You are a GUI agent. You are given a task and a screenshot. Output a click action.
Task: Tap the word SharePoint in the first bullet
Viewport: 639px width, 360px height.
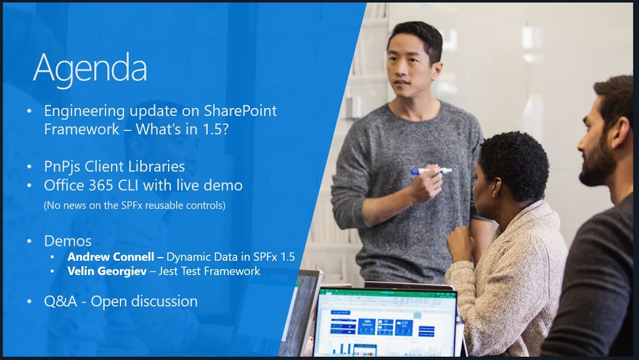pos(240,110)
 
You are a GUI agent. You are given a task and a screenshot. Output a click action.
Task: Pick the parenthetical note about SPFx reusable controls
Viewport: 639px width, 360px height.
pos(135,205)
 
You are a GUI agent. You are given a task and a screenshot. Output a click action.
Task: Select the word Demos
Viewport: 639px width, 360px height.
pos(67,241)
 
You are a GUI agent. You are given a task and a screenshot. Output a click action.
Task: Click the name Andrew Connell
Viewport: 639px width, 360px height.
pos(111,257)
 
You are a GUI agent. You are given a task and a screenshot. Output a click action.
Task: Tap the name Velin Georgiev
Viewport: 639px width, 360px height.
pos(107,271)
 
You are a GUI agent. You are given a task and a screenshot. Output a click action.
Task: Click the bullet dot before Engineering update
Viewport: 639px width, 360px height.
pos(29,111)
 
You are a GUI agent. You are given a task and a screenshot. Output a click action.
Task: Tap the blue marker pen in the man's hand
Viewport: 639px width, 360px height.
pos(431,171)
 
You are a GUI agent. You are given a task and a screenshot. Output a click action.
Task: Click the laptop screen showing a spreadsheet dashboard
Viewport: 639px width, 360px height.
pos(386,323)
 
